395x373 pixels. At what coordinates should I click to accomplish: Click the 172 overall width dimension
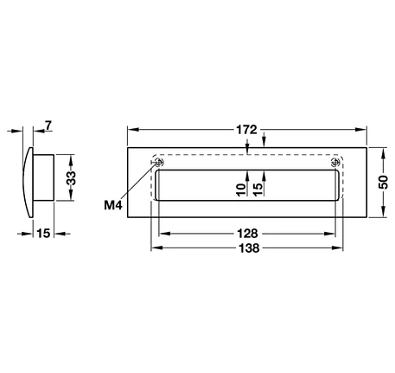(246, 130)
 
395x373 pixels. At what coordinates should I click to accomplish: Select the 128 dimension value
(247, 234)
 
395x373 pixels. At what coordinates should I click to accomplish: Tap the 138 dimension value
(249, 248)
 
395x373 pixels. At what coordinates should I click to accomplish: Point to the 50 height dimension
(383, 182)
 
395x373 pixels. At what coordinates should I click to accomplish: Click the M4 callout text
(113, 205)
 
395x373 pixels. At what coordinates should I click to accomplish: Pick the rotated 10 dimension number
(241, 190)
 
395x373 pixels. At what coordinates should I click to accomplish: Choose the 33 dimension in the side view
(71, 178)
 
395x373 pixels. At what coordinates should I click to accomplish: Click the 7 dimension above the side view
(48, 125)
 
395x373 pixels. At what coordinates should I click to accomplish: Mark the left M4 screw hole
(159, 163)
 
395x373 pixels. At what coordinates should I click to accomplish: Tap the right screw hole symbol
(335, 163)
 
